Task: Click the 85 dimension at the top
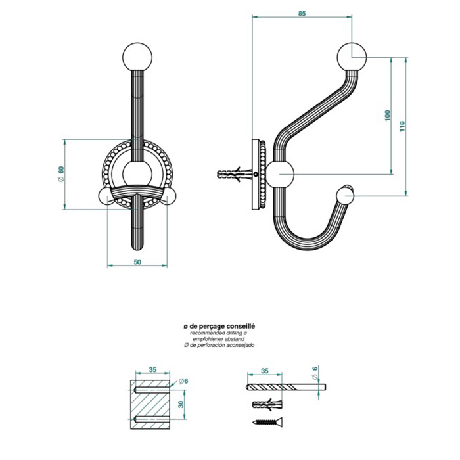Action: click(x=302, y=14)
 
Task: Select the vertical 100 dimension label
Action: click(x=387, y=116)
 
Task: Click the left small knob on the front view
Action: click(x=106, y=196)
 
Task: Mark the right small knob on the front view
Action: click(x=172, y=196)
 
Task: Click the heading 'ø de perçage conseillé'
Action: click(x=219, y=325)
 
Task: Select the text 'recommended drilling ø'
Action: click(x=219, y=333)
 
